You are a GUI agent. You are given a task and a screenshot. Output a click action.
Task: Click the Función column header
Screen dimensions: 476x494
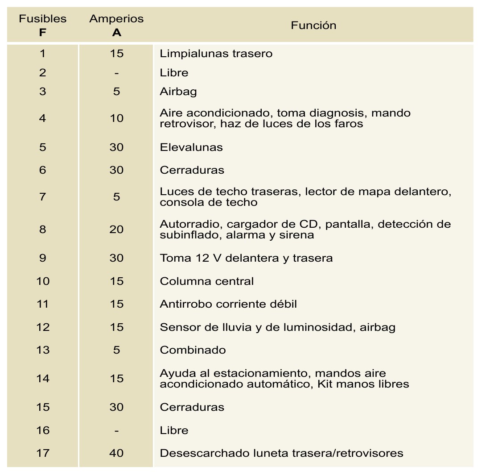[313, 25]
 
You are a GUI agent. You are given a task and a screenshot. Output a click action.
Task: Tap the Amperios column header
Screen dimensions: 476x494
[116, 25]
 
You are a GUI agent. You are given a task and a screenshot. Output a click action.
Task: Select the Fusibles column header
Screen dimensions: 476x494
[43, 25]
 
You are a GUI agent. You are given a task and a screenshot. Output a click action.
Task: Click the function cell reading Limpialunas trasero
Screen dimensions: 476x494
[216, 54]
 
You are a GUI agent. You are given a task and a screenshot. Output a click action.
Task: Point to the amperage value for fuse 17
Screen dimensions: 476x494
[116, 453]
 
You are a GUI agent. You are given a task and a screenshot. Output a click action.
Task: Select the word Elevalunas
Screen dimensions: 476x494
[191, 147]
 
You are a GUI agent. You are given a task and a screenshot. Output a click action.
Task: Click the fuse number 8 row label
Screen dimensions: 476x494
[43, 230]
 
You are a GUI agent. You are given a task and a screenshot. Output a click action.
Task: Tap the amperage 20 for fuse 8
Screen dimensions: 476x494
[116, 230]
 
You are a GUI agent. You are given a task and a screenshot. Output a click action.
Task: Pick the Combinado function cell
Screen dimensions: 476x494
[193, 350]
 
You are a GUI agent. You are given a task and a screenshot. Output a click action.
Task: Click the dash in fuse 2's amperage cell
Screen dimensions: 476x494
[116, 73]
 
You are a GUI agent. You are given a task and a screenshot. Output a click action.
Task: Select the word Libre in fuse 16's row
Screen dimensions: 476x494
[174, 430]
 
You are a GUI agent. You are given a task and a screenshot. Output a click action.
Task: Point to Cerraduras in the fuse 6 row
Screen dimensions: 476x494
[192, 170]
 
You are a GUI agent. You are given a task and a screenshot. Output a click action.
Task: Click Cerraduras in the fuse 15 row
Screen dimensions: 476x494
[192, 407]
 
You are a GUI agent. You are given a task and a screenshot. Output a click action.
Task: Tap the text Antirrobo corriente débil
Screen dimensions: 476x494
[228, 304]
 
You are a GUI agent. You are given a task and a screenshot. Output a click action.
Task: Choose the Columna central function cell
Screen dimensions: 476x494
[206, 281]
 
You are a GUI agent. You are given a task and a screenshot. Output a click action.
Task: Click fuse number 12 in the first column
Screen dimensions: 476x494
[43, 327]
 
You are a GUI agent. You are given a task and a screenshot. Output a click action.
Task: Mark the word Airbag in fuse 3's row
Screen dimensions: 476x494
[178, 92]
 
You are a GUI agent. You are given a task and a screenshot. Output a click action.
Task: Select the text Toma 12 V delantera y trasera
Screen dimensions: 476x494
[246, 258]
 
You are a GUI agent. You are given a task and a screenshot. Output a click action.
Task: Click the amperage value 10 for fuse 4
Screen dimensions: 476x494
[116, 118]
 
